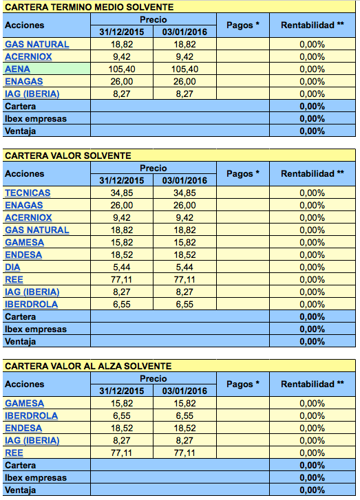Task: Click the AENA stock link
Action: pyautogui.click(x=17, y=69)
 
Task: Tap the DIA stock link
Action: pyautogui.click(x=12, y=268)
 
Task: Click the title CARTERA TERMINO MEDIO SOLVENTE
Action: pyautogui.click(x=89, y=7)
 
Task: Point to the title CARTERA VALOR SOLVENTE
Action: pyautogui.click(x=67, y=155)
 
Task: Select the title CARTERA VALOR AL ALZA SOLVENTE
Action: pyautogui.click(x=88, y=366)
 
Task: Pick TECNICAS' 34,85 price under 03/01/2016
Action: pyautogui.click(x=184, y=193)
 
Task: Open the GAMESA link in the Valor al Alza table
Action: pyautogui.click(x=24, y=404)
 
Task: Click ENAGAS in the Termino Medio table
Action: pyautogui.click(x=23, y=82)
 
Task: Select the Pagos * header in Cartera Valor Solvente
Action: pyautogui.click(x=243, y=174)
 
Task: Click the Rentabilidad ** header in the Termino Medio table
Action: pyautogui.click(x=312, y=25)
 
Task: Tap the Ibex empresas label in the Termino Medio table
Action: pyautogui.click(x=35, y=119)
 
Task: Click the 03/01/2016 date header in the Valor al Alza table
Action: pyautogui.click(x=184, y=391)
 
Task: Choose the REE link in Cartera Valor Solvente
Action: pyautogui.click(x=14, y=280)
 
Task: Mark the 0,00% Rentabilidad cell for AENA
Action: pyautogui.click(x=312, y=69)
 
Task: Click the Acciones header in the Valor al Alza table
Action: pyautogui.click(x=24, y=384)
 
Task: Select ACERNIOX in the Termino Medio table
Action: pyautogui.click(x=28, y=57)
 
